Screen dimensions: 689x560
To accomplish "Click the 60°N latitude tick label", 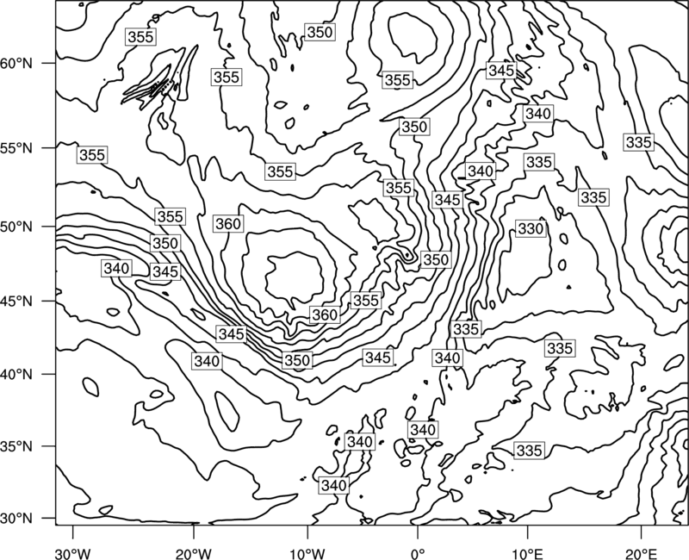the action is click(16, 63).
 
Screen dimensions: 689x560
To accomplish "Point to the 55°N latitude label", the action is click(16, 148).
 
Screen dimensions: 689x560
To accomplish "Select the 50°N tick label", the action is click(16, 227).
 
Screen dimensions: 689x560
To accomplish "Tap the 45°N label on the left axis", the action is click(16, 301).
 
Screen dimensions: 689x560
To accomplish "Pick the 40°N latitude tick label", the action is click(16, 375).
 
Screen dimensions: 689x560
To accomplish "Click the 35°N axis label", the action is click(16, 446).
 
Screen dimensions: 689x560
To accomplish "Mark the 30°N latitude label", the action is click(16, 519).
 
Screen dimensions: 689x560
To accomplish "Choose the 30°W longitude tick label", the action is click(72, 553).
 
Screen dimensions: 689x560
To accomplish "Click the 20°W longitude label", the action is click(194, 553).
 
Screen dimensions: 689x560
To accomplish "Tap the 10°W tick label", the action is click(307, 553).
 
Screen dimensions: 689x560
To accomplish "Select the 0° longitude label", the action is click(417, 553).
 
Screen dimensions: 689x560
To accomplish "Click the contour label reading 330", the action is click(531, 229).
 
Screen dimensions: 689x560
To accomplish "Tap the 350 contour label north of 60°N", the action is click(320, 32).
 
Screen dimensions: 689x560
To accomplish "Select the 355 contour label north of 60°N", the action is click(141, 37).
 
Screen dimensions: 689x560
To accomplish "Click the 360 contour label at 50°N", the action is click(228, 224).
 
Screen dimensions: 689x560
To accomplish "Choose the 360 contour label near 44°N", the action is click(325, 314).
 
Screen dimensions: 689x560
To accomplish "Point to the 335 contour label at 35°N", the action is click(530, 451).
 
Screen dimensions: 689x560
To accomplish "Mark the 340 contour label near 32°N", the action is click(334, 486).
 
